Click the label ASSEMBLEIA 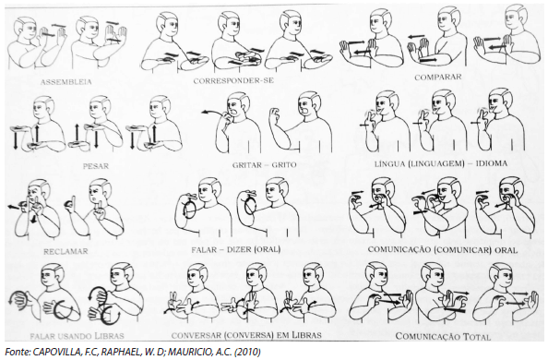pyautogui.click(x=66, y=82)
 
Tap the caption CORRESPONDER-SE pyautogui.click(x=233, y=81)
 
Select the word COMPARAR pyautogui.click(x=438, y=77)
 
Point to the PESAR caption pyautogui.click(x=96, y=166)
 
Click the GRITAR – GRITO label pyautogui.click(x=264, y=165)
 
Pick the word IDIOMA pyautogui.click(x=492, y=163)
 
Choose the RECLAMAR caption pyautogui.click(x=66, y=251)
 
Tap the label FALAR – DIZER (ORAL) pyautogui.click(x=236, y=250)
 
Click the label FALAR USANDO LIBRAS pyautogui.click(x=77, y=336)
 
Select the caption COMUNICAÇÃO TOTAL pyautogui.click(x=443, y=337)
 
